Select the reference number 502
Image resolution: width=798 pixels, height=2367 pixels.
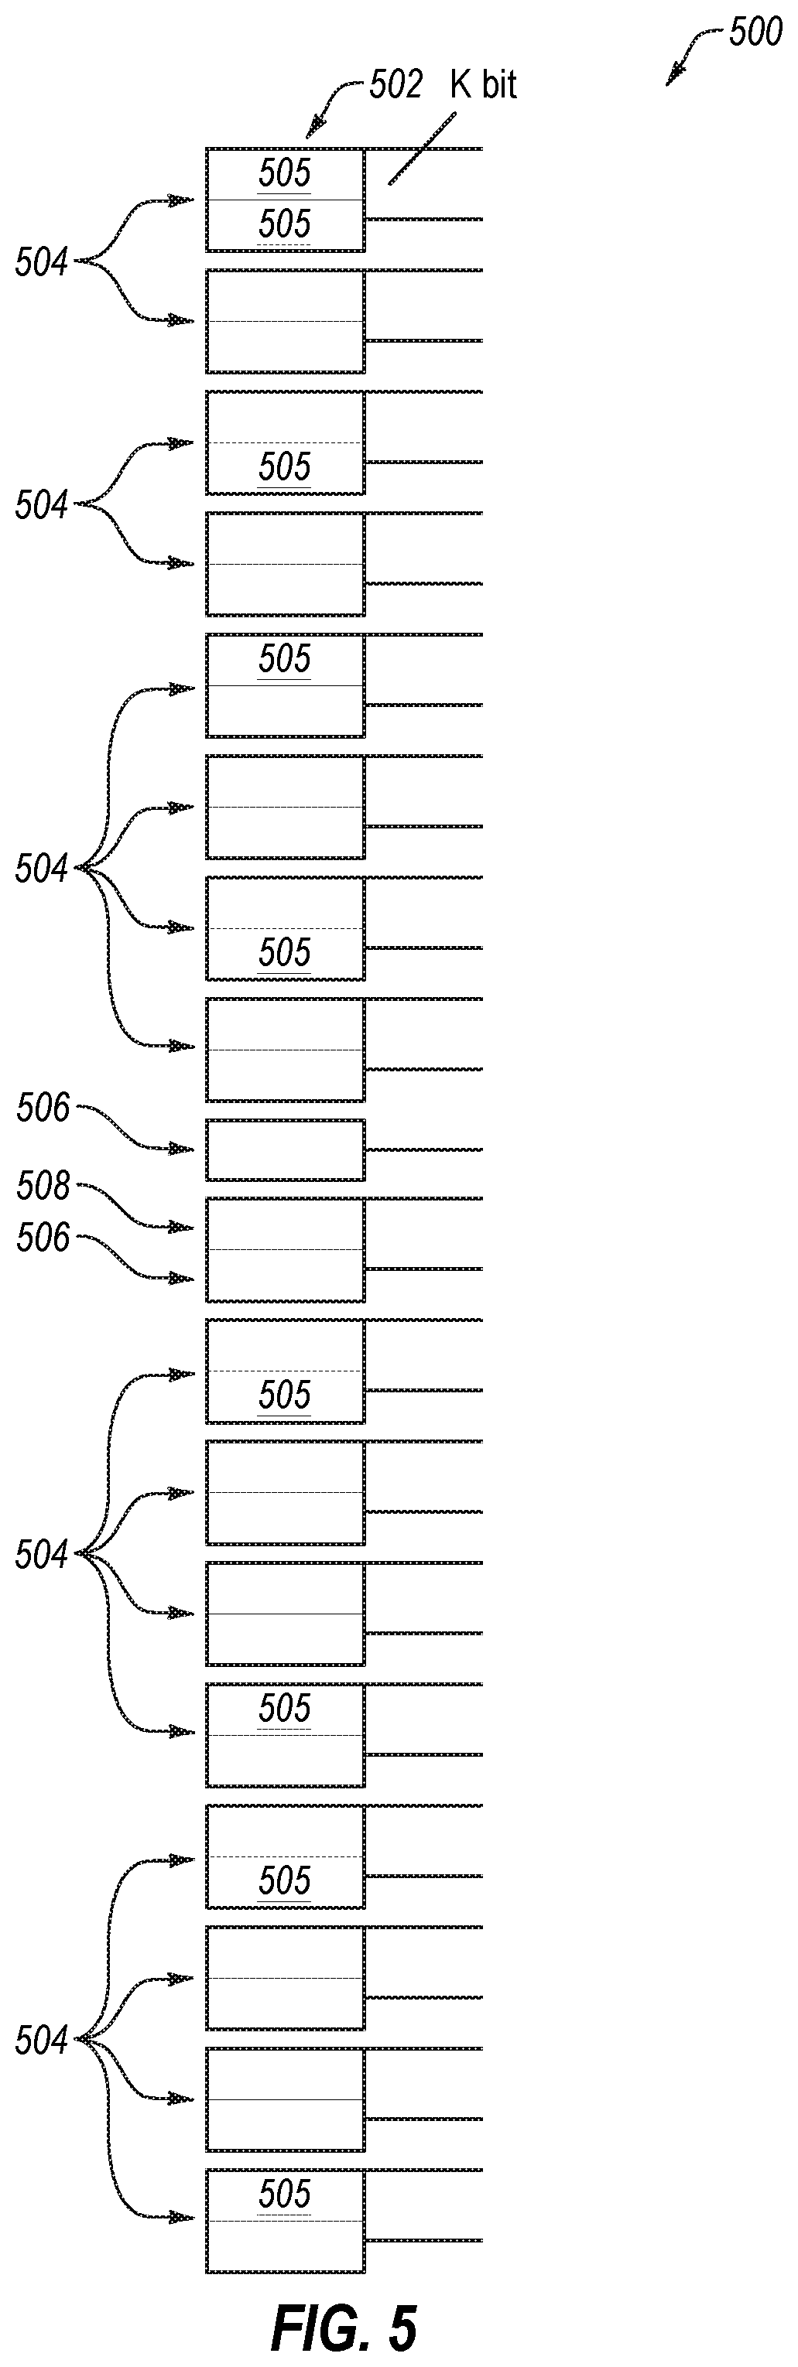(396, 85)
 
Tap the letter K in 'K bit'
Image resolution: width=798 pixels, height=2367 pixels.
(461, 85)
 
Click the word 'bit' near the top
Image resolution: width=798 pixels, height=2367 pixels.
(498, 85)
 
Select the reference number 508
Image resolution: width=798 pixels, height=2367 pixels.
(43, 1187)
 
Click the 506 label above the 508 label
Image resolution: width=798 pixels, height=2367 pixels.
(43, 1108)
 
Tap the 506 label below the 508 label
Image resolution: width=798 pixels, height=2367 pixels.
(43, 1238)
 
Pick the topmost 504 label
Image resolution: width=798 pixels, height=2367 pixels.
(41, 263)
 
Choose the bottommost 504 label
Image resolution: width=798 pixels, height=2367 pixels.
(41, 2041)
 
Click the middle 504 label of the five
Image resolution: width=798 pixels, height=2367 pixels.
(41, 869)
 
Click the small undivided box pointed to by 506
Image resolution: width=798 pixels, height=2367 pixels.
(285, 1149)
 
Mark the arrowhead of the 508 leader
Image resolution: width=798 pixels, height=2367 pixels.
(182, 1228)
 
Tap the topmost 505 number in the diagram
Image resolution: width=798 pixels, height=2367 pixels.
(284, 174)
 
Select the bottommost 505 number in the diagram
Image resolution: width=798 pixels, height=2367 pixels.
(284, 2195)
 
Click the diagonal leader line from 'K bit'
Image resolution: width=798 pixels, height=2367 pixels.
(423, 148)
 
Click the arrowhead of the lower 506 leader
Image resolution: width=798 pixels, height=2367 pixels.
(182, 1278)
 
